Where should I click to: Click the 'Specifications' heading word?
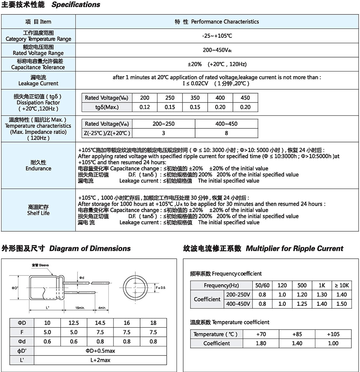(76, 5)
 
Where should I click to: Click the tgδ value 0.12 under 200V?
(145, 107)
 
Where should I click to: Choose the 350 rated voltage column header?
(195, 98)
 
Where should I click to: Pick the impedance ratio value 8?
(226, 133)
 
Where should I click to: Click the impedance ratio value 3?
(163, 133)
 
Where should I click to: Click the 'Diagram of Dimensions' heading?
(90, 248)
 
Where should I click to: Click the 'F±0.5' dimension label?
(160, 288)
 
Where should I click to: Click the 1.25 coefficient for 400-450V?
(302, 304)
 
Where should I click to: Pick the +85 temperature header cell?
(297, 334)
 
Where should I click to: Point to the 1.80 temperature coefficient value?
(261, 343)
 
